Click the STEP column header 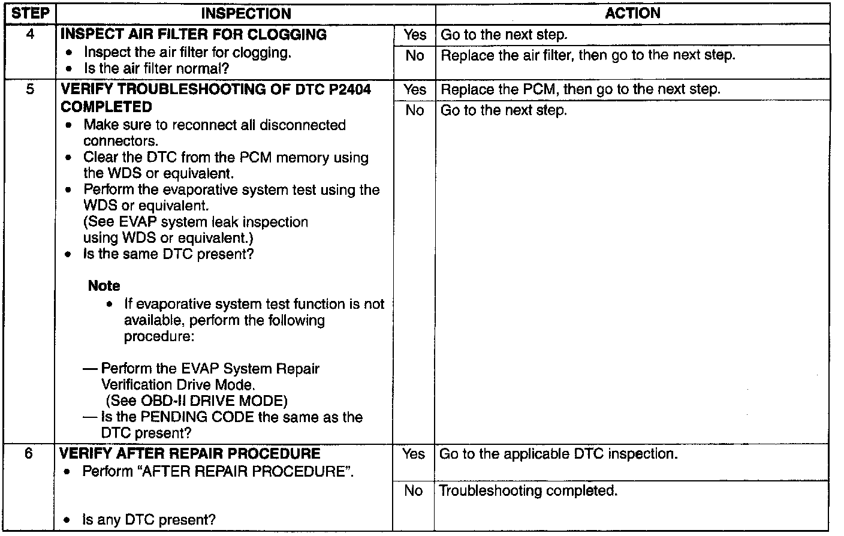pos(30,13)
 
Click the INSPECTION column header pos(246,13)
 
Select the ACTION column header pos(632,13)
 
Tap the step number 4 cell pos(30,34)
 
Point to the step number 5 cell pos(30,89)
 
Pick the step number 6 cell pos(29,454)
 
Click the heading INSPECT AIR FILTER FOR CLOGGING pos(194,34)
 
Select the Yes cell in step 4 pos(414,35)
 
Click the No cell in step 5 pos(414,110)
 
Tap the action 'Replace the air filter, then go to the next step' pos(587,56)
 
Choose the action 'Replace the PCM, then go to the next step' pos(580,89)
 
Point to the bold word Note pos(104,286)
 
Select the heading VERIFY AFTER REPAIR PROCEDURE pos(191,454)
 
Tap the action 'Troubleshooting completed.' pos(528,491)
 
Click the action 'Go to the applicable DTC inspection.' pos(558,454)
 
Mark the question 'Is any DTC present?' pos(149,520)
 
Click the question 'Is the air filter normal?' pos(156,68)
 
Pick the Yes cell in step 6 pos(414,454)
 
